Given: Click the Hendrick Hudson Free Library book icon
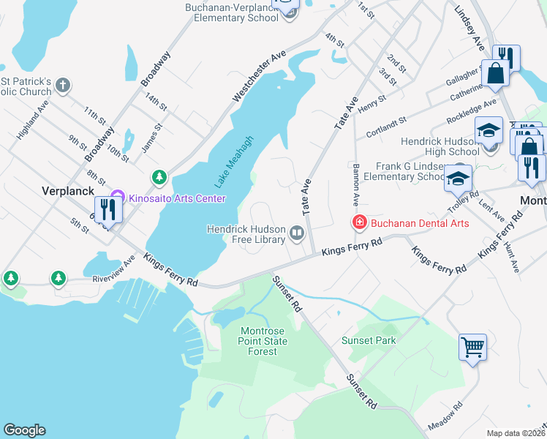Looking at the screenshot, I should click(x=297, y=233).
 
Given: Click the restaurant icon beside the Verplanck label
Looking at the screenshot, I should click(x=107, y=209).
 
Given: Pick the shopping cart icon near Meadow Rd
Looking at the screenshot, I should click(x=472, y=347).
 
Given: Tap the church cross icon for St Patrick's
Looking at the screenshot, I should click(x=63, y=86).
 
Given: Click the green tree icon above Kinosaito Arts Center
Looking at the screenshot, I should click(x=159, y=177).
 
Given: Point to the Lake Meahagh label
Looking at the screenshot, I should click(x=234, y=161).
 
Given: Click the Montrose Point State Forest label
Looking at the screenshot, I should click(x=262, y=342).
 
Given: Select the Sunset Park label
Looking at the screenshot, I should click(x=369, y=340).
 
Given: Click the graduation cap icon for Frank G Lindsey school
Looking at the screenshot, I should click(x=459, y=178).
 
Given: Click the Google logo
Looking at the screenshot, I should click(x=24, y=430).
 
